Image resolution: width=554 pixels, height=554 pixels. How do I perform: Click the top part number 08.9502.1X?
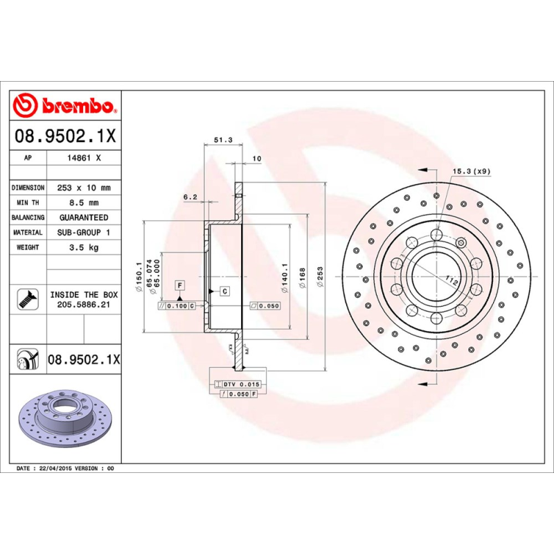click(66, 136)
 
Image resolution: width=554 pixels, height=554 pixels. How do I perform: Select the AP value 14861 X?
click(84, 158)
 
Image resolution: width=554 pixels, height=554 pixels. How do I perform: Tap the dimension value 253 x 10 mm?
click(84, 188)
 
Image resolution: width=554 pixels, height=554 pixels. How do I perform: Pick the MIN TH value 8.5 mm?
click(84, 203)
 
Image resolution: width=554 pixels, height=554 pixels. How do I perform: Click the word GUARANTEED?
click(84, 217)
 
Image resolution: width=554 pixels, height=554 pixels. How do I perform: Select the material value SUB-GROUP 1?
click(84, 233)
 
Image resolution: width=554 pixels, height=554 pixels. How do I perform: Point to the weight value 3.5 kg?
click(84, 247)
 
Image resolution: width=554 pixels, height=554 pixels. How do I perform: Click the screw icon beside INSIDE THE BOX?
click(27, 298)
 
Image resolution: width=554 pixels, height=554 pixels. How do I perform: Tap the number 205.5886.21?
click(84, 303)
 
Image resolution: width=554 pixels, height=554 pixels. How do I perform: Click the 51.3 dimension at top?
click(222, 140)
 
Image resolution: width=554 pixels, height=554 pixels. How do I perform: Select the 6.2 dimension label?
click(190, 197)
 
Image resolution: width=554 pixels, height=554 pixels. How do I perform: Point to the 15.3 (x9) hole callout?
click(472, 170)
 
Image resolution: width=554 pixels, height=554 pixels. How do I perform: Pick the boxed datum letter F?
click(179, 285)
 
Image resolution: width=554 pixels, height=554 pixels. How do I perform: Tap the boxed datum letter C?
click(224, 291)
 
